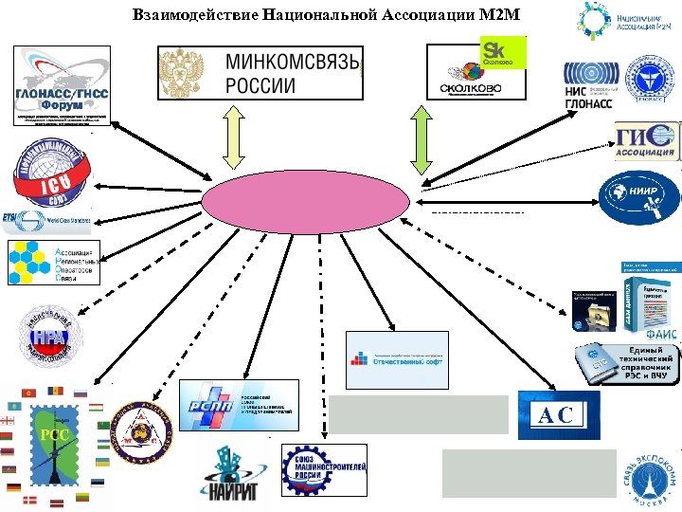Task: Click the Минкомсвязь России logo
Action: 260,71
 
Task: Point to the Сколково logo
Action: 477,69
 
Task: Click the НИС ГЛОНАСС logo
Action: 592,83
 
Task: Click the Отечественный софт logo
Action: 397,360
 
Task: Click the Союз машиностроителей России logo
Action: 325,470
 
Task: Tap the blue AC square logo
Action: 559,414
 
